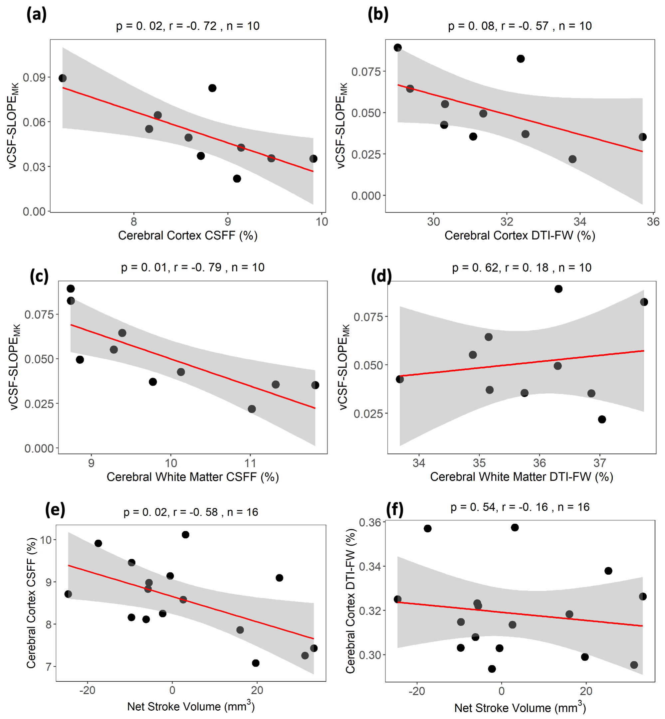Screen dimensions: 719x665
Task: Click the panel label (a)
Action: pos(36,15)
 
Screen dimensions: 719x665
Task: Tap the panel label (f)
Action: pos(394,509)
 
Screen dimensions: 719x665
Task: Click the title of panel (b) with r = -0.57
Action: pos(520,26)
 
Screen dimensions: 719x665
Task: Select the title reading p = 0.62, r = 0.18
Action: pos(522,268)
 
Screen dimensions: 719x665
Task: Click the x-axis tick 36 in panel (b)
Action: pos(653,222)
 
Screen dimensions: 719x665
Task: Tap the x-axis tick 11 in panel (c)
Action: pos(250,463)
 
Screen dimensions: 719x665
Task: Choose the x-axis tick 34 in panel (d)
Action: pos(419,463)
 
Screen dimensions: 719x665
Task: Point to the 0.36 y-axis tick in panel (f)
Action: pos(370,522)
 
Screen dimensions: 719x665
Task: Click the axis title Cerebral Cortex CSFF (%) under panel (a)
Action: pos(187,236)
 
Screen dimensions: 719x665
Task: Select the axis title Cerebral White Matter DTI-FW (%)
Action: pos(522,477)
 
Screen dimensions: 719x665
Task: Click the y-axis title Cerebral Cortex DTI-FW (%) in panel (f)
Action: pos(350,601)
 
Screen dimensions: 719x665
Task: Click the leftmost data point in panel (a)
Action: pos(63,78)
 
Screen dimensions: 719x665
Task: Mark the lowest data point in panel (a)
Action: pos(237,178)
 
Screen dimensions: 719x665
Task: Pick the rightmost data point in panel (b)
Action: pos(642,137)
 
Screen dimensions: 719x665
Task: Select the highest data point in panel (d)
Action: pos(558,289)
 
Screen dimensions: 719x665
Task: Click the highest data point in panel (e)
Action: pos(185,534)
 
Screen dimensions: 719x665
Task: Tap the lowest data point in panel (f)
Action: pos(492,669)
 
